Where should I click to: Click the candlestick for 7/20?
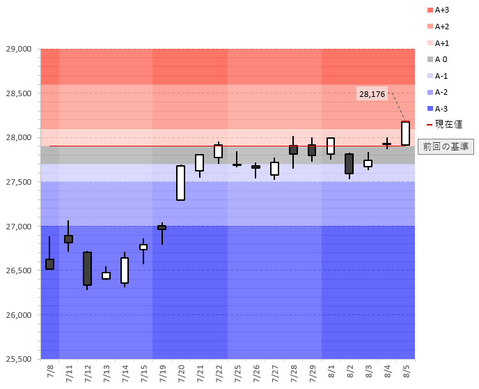181,183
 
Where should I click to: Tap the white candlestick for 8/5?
405,133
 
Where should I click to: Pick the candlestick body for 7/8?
49,264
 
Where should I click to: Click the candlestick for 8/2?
349,164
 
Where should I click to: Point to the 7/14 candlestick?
125,270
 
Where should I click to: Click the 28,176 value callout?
372,93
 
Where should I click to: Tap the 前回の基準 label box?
446,146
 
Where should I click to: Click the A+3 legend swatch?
429,10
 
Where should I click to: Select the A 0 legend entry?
440,59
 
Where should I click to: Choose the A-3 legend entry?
440,108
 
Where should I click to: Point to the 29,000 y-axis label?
19,49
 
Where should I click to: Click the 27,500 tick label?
19,182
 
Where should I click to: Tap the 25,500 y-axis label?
19,359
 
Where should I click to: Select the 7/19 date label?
162,372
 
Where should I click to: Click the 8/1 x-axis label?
331,372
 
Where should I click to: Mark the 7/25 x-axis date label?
237,372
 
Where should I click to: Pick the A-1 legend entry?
440,76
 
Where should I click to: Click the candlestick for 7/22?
218,151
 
